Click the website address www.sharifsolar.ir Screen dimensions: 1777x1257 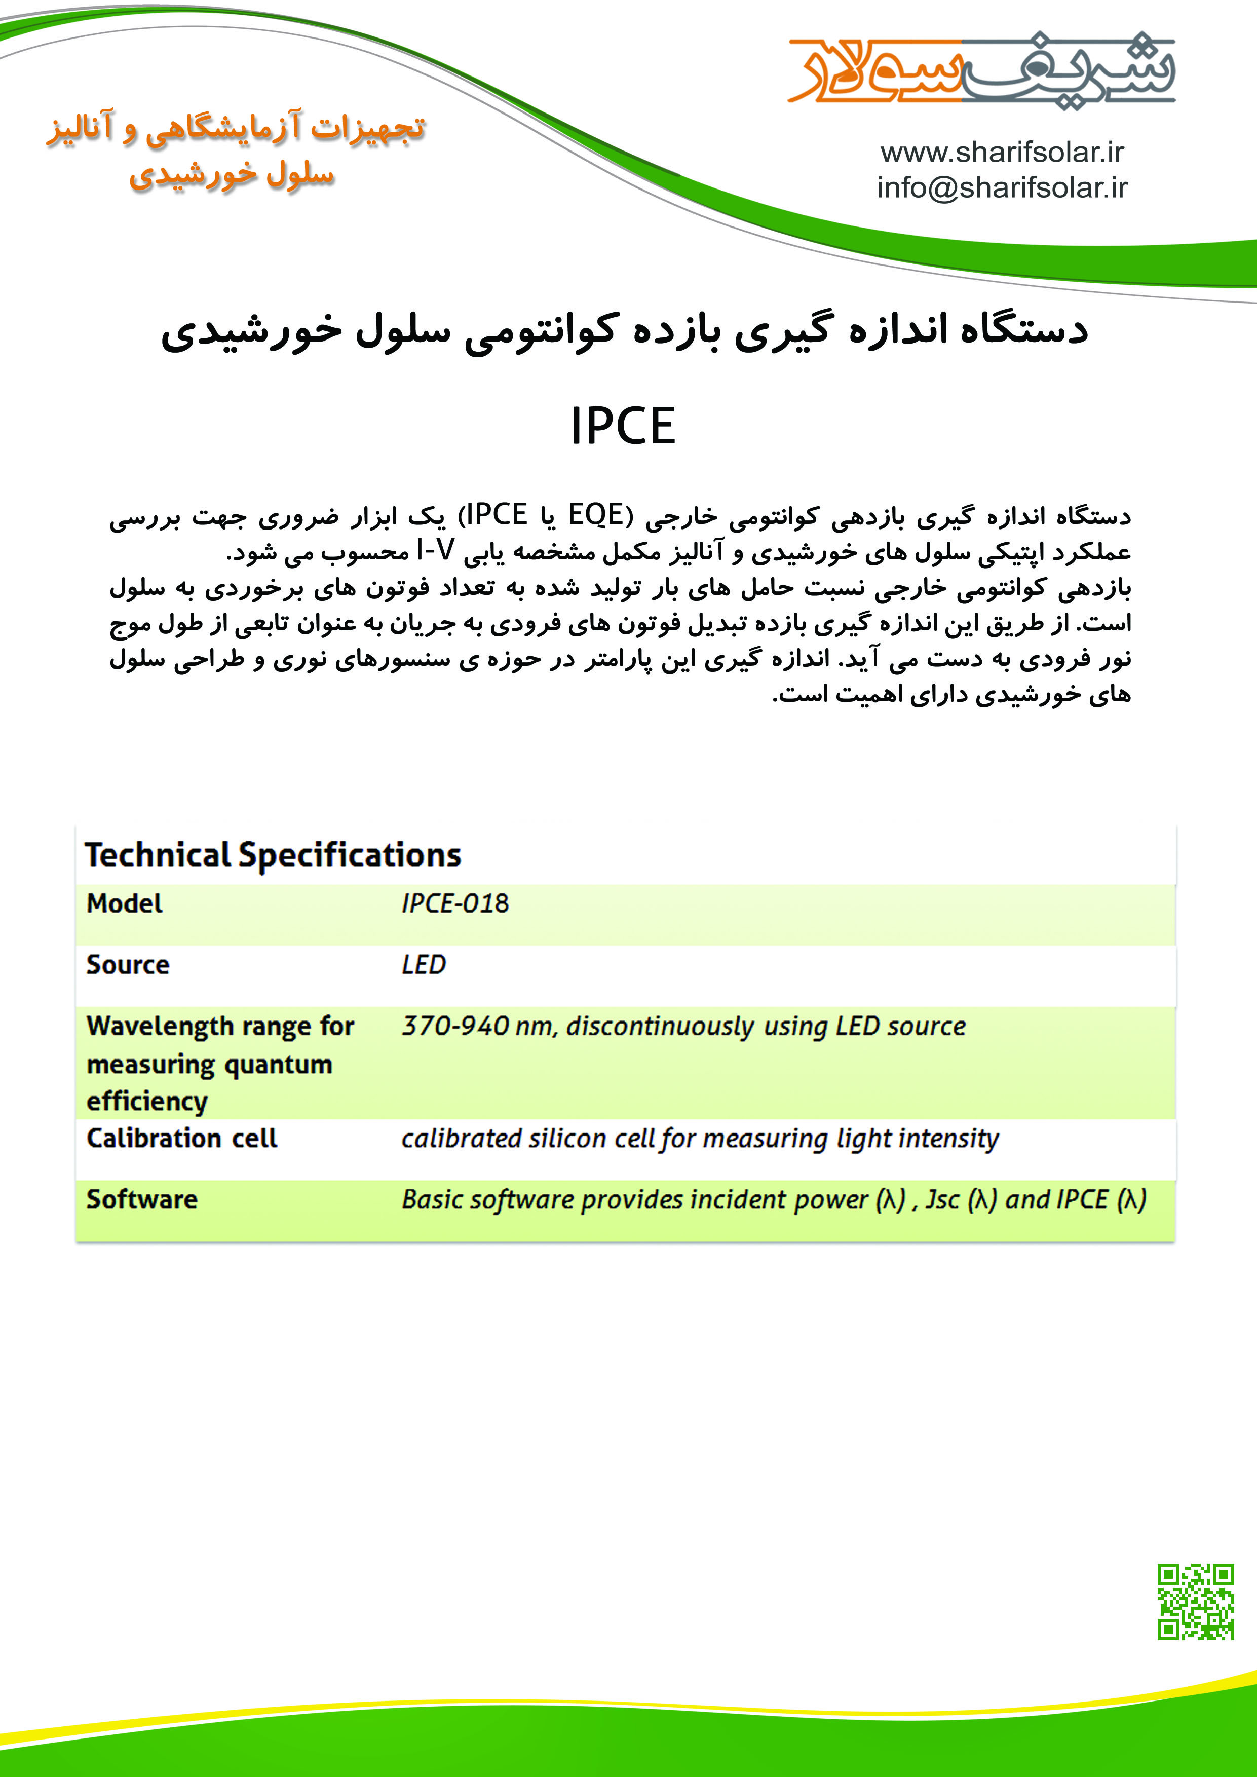pos(1002,153)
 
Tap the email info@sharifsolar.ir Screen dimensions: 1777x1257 pos(1002,188)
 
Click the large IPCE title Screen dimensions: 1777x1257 pos(623,427)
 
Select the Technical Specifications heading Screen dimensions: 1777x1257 pos(273,855)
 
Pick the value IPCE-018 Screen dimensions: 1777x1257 pos(455,903)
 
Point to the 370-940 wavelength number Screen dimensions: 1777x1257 pos(455,1026)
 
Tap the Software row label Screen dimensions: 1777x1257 pos(142,1200)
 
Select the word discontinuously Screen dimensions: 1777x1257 pos(660,1026)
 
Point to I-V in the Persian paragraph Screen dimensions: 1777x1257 pos(435,550)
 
